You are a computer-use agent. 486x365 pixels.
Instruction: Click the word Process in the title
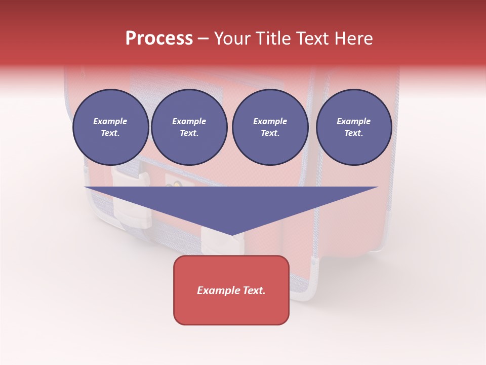[x=159, y=39]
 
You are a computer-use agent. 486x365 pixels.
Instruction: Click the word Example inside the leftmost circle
[x=110, y=121]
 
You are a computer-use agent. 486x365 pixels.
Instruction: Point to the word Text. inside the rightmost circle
[x=354, y=133]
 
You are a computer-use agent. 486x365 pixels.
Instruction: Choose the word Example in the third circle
[x=270, y=121]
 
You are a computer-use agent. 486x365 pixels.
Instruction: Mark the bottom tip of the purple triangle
[x=231, y=235]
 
